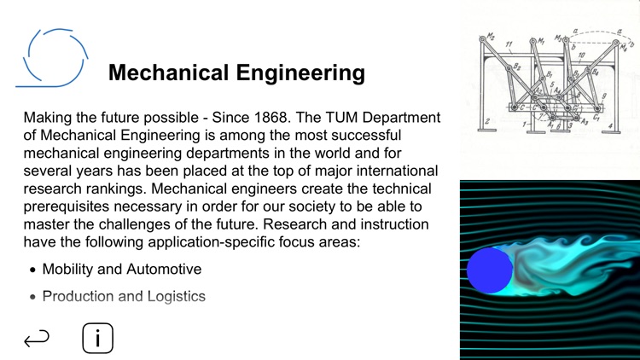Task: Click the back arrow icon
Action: [37, 340]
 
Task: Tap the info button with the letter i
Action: [98, 339]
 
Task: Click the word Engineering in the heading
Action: [301, 73]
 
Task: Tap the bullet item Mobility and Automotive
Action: [122, 270]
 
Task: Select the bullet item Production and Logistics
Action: [124, 297]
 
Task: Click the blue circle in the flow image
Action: [490, 270]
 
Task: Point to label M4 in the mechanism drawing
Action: [631, 41]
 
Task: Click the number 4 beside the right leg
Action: [611, 126]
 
